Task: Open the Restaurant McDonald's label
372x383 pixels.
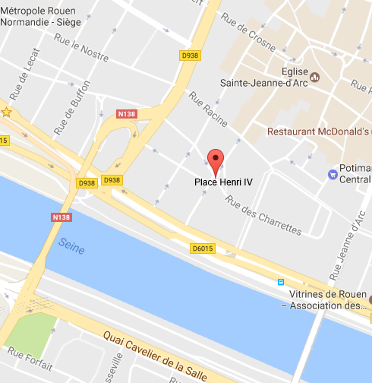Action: click(x=318, y=131)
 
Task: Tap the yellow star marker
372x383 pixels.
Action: click(x=6, y=112)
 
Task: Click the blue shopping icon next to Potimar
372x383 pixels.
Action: click(x=333, y=174)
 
